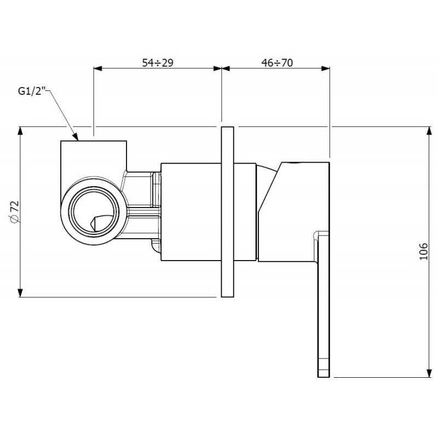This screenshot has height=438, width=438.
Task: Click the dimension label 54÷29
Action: coord(158,63)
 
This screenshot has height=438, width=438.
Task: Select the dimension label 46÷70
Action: coord(277,63)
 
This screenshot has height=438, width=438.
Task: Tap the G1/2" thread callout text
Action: coord(32,91)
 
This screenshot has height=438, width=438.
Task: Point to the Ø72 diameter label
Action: coord(15,211)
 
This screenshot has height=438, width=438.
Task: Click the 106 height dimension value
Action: coord(423,251)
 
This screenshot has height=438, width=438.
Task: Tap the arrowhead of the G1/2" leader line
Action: coord(75,136)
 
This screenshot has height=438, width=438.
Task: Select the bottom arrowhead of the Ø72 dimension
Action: coord(20,293)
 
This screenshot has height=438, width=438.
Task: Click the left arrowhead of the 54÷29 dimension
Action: coord(97,68)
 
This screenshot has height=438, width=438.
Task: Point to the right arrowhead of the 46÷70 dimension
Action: coord(326,68)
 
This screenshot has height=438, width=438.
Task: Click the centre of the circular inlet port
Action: coord(90,211)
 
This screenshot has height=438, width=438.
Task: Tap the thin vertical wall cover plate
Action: coord(227,212)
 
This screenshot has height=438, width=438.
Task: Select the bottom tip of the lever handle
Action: coord(324,377)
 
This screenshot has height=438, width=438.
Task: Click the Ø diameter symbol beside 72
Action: coord(15,220)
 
